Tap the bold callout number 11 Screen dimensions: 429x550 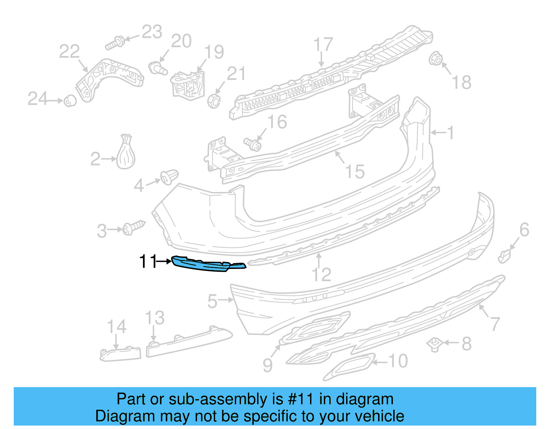pyautogui.click(x=148, y=261)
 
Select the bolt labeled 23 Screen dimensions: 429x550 pyautogui.click(x=115, y=43)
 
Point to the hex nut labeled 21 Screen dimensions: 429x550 pyautogui.click(x=214, y=101)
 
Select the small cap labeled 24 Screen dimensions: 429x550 pyautogui.click(x=70, y=101)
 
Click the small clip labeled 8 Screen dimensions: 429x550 pyautogui.click(x=434, y=344)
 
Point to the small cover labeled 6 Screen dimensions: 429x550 pyautogui.click(x=504, y=256)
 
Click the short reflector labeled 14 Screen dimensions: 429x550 pyautogui.click(x=120, y=354)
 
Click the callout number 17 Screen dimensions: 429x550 pyautogui.click(x=323, y=45)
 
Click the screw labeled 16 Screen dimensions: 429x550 pyautogui.click(x=253, y=144)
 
